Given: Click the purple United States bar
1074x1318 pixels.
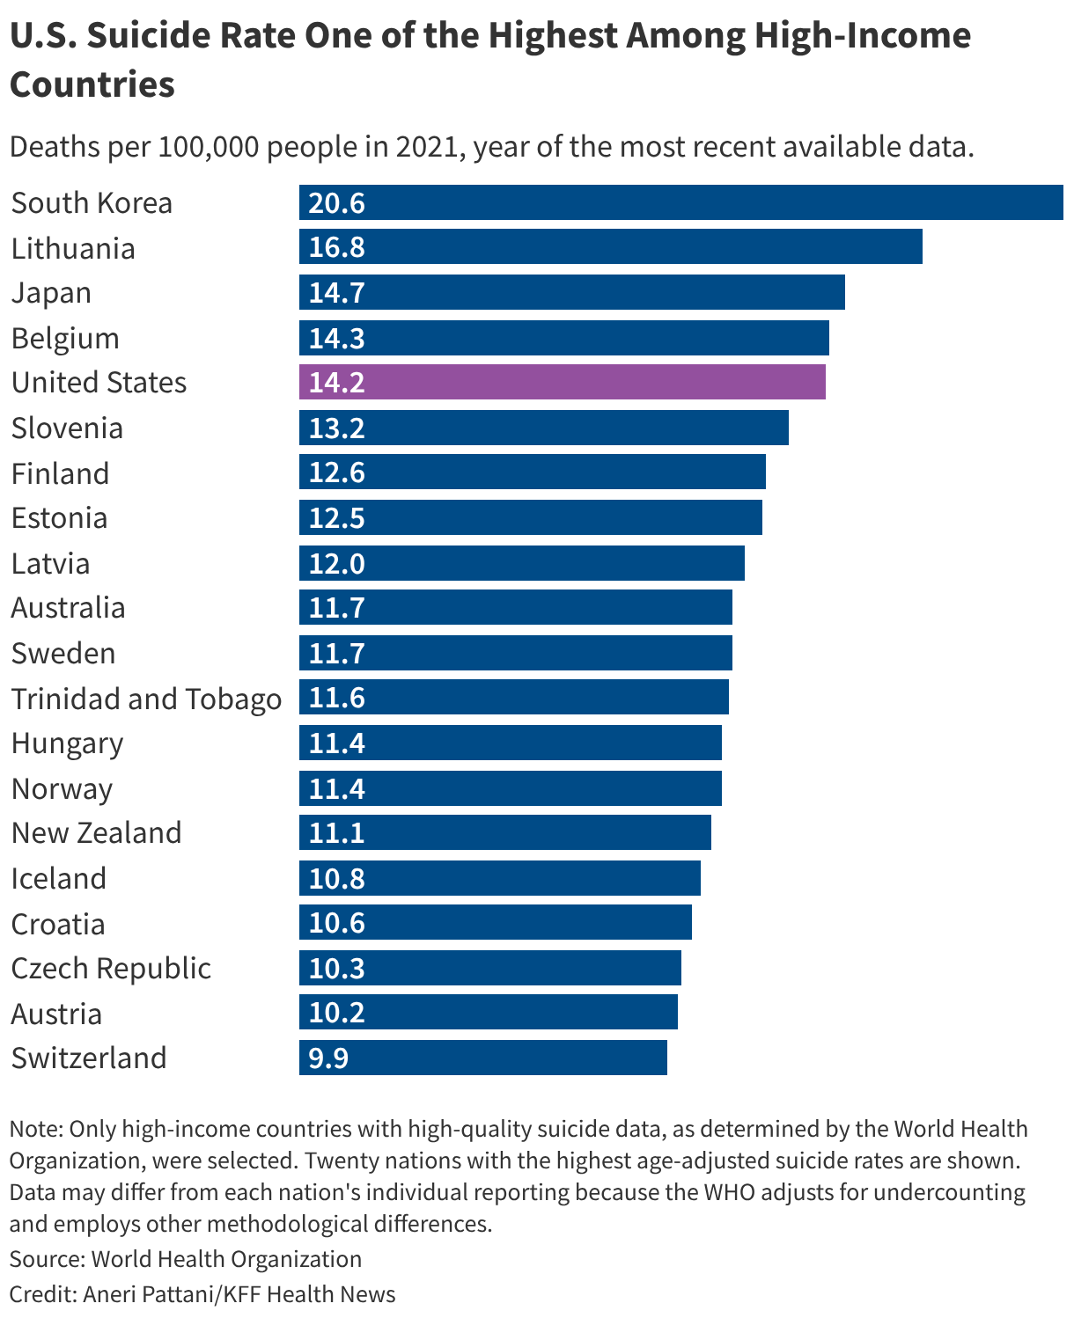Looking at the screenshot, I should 562,382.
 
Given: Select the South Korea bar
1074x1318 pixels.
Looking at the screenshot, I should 680,202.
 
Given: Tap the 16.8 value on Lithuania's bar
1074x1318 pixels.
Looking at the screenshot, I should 336,247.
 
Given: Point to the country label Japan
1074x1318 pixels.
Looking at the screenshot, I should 51,293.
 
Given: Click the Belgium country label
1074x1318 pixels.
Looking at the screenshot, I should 65,338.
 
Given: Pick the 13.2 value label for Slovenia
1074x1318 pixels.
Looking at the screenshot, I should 336,428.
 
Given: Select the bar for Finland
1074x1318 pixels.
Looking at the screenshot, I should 532,472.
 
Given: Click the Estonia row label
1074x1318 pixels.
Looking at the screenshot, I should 59,518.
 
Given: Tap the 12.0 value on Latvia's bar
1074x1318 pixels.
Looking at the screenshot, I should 336,563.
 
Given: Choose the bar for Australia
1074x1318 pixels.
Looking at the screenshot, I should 515,607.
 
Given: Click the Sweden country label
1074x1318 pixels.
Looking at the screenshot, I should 63,653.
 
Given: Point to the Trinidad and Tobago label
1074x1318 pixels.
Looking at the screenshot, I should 146,699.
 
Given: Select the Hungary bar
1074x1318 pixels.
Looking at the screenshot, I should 510,743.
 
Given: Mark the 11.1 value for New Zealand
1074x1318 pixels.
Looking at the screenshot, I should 336,832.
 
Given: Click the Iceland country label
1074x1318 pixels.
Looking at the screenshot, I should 59,878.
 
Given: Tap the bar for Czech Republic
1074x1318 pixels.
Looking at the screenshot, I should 489,968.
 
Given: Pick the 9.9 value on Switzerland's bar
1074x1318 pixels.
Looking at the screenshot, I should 328,1058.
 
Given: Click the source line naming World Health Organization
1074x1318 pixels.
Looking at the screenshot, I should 186,1259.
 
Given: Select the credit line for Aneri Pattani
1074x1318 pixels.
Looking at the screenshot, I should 202,1294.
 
